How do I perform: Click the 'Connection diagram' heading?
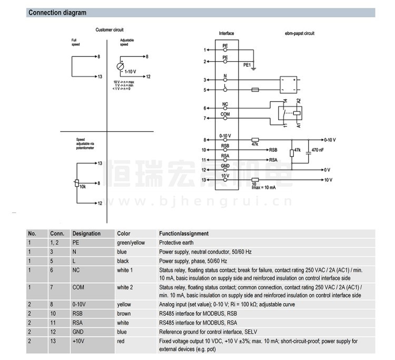tap(57, 13)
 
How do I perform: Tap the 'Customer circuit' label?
tap(110, 30)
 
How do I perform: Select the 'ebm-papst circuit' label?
tap(299, 34)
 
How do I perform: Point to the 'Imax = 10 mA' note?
tap(264, 188)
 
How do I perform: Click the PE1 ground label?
tap(247, 65)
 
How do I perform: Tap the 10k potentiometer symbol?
tap(77, 183)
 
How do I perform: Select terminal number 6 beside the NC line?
tap(205, 109)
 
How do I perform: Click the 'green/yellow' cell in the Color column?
tap(131, 242)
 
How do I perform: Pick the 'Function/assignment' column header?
tap(184, 233)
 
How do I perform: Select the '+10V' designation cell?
tap(80, 342)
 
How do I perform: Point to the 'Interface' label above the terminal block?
tap(226, 34)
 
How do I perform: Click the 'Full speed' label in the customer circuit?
tap(76, 43)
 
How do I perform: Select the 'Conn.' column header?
tap(57, 233)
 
